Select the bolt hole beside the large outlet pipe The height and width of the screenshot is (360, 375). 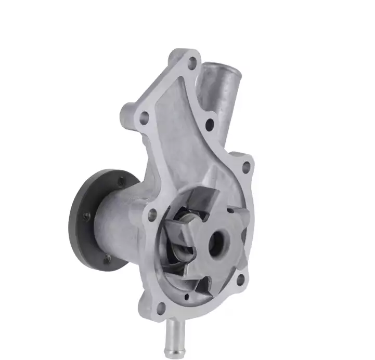point(210,124)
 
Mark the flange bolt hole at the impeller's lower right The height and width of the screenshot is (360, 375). point(240,281)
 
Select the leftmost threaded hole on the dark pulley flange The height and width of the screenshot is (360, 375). point(86,216)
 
